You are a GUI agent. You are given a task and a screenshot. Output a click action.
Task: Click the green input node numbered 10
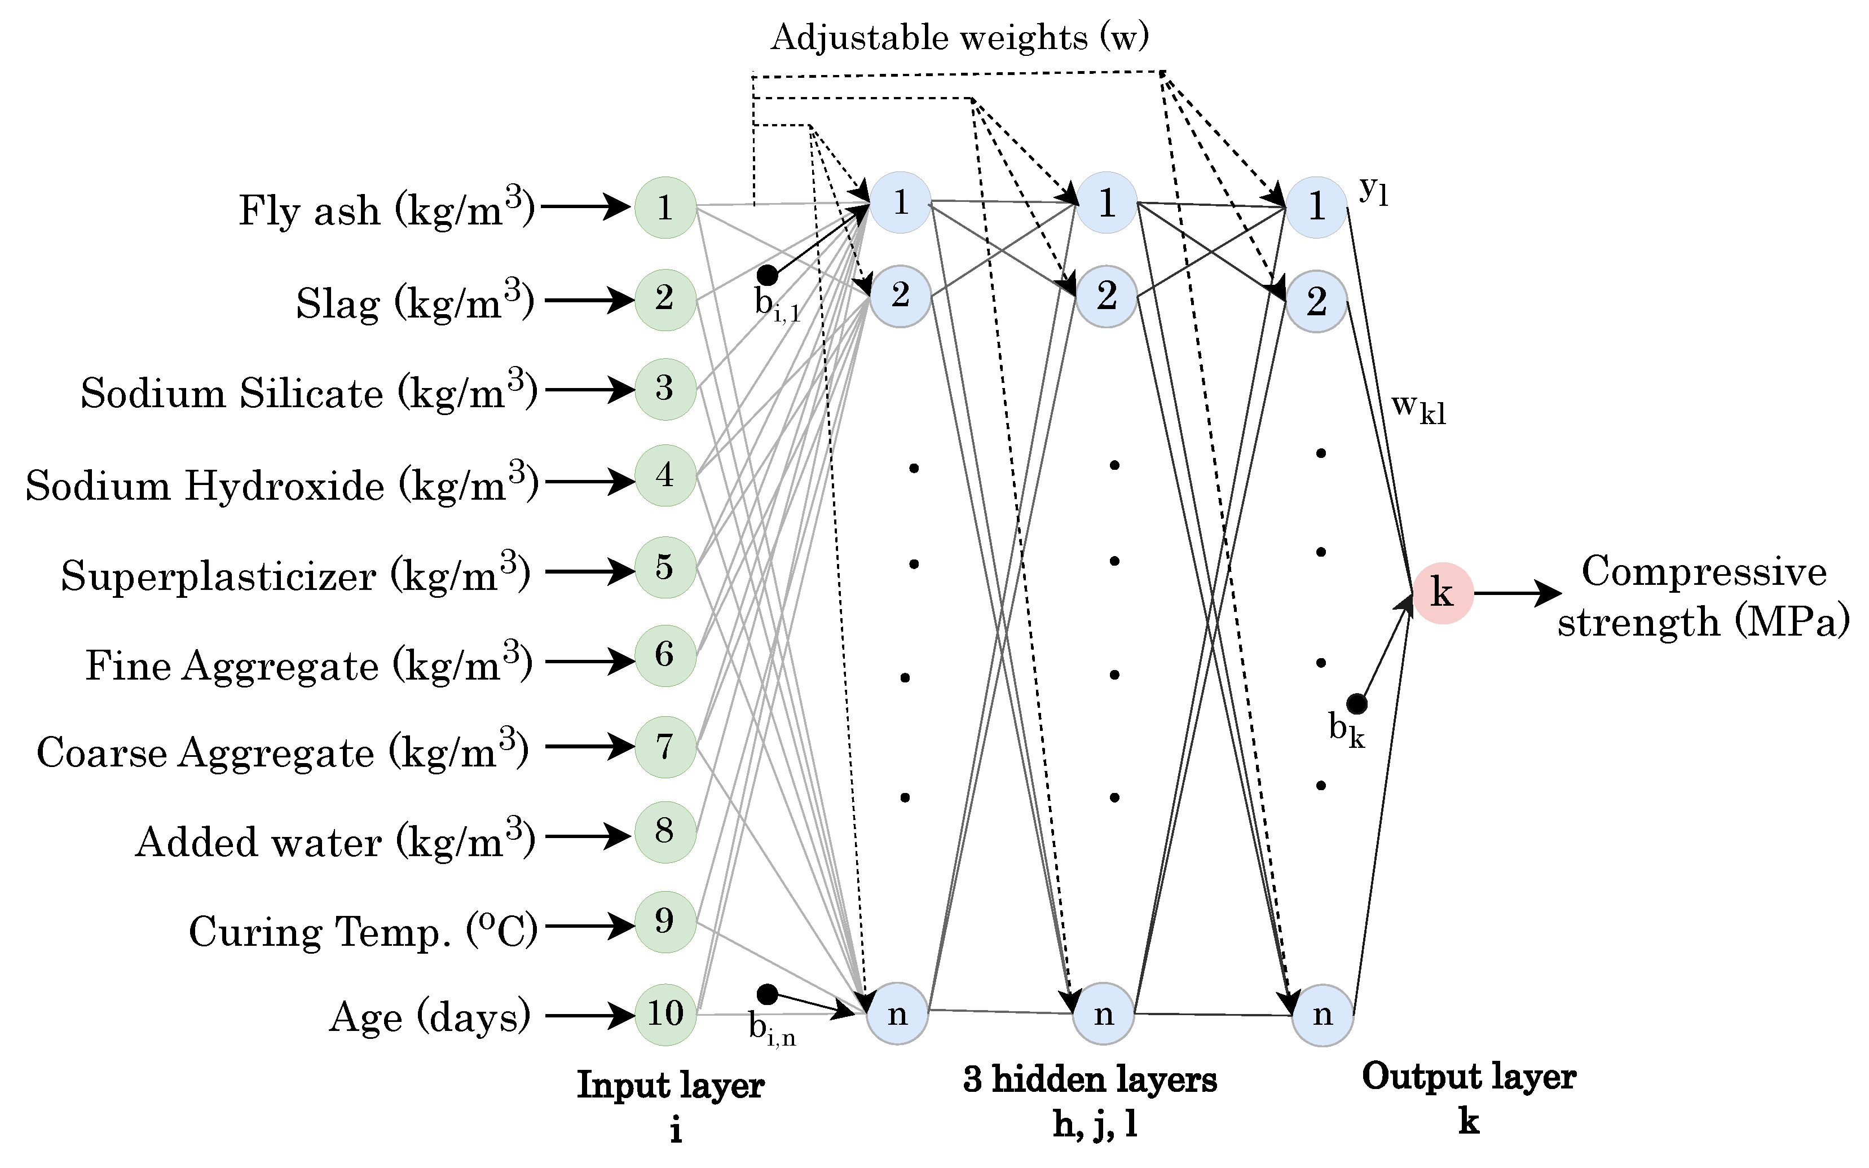tap(665, 1014)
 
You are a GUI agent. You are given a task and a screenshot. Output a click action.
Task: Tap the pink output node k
tap(1443, 593)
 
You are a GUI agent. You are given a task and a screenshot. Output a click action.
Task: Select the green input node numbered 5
tap(665, 568)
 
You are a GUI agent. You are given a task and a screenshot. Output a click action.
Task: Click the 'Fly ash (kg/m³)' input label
tap(386, 209)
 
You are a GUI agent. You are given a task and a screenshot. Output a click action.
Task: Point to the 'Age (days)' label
tap(430, 1017)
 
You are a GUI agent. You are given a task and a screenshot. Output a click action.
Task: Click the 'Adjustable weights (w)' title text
tap(960, 37)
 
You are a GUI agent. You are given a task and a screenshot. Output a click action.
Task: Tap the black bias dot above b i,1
tap(767, 275)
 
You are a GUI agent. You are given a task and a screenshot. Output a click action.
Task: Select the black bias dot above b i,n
tap(767, 993)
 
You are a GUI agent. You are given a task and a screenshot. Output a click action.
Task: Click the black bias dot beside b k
tap(1357, 704)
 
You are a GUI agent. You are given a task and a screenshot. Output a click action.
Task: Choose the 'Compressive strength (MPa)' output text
tap(1703, 596)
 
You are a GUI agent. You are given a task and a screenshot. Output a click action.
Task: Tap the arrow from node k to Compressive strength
tap(1516, 593)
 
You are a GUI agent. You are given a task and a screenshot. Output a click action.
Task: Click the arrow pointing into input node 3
tap(589, 389)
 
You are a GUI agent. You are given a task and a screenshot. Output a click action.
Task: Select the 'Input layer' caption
tap(671, 1085)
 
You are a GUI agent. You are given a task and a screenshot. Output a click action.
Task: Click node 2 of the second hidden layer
tap(1106, 297)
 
